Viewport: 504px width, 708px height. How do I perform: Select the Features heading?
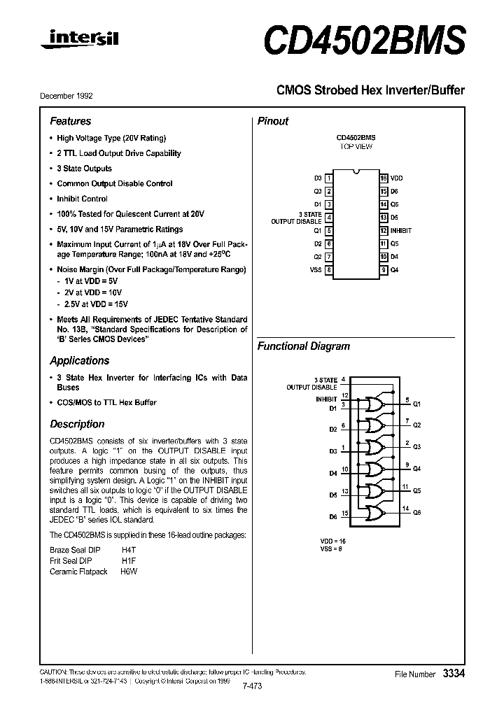(70, 121)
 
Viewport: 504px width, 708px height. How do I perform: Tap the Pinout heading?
(273, 121)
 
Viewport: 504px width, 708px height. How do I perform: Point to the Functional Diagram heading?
(304, 346)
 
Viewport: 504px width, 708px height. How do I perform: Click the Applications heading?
(79, 361)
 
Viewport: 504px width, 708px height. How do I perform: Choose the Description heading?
(77, 424)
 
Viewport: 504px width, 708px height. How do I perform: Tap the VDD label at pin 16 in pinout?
(396, 178)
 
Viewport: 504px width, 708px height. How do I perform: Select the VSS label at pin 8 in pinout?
(316, 270)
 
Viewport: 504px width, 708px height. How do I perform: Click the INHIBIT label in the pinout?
(400, 230)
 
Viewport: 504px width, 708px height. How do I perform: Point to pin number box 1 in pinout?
(328, 178)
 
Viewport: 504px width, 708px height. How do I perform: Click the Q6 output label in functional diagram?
(417, 513)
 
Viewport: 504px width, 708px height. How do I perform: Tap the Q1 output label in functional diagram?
(417, 404)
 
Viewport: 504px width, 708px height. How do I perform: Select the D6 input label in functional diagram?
(332, 516)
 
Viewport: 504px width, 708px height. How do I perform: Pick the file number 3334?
(454, 673)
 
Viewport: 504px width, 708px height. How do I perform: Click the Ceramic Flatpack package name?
(78, 572)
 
